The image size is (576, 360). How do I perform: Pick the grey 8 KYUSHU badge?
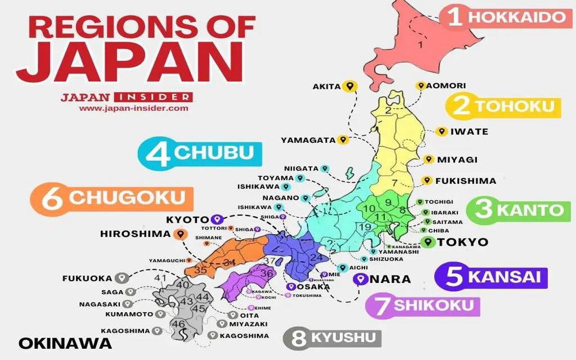(x=332, y=338)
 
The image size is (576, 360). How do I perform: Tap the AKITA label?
(x=326, y=87)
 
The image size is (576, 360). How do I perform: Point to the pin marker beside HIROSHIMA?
(x=180, y=234)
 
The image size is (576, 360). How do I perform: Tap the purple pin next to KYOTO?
(x=218, y=219)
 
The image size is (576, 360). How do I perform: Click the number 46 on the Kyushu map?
(x=178, y=324)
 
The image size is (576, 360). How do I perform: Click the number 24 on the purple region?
(x=316, y=258)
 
